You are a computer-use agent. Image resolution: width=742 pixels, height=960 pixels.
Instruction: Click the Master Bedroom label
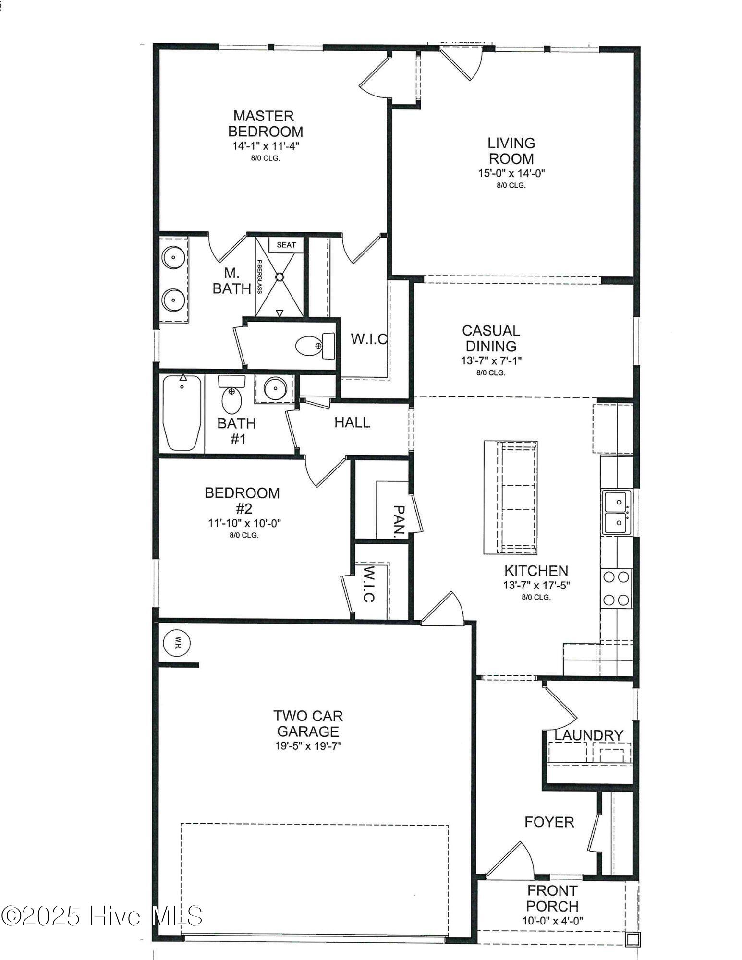coord(265,123)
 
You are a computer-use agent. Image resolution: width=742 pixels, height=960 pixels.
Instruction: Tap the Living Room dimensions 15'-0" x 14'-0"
coord(511,173)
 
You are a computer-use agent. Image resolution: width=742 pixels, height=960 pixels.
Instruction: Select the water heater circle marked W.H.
coord(177,643)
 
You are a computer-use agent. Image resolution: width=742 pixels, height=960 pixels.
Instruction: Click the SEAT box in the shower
coord(286,245)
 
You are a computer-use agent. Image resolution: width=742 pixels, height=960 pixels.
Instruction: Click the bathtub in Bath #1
coord(182,413)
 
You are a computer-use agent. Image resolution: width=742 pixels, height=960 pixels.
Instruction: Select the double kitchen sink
coord(615,512)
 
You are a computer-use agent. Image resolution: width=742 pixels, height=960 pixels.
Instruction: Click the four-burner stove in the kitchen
coord(617,588)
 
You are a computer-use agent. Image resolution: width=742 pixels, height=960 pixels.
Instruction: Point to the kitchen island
coord(510,497)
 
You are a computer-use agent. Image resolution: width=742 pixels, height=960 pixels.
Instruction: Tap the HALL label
coord(352,422)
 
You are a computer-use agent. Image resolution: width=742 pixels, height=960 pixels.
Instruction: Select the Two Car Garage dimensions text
coord(308,746)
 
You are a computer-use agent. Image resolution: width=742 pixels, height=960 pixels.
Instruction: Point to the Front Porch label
coord(552,899)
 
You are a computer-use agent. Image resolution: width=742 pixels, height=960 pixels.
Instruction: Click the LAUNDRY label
coord(588,735)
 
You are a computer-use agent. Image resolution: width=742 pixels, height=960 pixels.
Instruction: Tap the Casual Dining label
coord(491,338)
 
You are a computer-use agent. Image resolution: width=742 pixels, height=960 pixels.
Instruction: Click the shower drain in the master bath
coord(280,277)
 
